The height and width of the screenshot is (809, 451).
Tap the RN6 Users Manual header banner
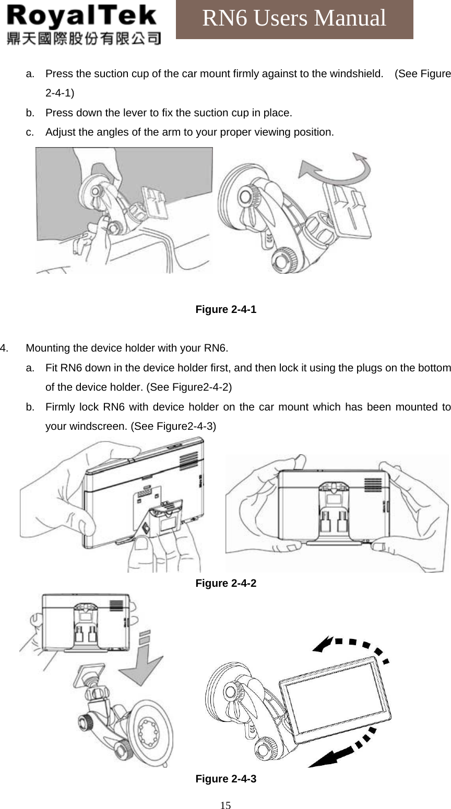point(294,19)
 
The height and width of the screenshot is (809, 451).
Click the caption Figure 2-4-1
point(225,309)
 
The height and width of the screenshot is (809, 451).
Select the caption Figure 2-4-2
point(225,583)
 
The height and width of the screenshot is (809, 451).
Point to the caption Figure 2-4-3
point(225,779)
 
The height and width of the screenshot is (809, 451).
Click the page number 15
point(225,805)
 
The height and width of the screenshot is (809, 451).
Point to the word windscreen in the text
point(86,426)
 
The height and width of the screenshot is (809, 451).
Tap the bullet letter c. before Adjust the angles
point(30,132)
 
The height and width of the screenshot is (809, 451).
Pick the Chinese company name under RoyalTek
point(84,38)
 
